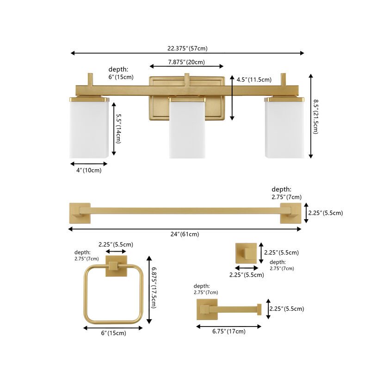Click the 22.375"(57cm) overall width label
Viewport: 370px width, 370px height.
click(187, 48)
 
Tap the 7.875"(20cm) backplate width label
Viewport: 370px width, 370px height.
click(184, 62)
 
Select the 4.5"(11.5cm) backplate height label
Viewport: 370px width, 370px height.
click(253, 80)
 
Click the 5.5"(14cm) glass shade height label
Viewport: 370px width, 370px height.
click(118, 129)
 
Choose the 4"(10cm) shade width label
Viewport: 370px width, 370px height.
click(88, 170)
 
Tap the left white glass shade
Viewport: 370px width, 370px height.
click(89, 129)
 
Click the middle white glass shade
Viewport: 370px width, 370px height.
click(187, 129)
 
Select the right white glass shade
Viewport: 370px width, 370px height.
click(284, 129)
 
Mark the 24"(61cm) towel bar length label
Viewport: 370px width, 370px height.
click(184, 234)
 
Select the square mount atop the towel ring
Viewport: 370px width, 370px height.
click(114, 266)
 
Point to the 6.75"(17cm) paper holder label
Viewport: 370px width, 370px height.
click(228, 331)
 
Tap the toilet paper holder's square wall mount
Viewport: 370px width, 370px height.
click(205, 309)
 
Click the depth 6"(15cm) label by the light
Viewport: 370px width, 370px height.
click(118, 73)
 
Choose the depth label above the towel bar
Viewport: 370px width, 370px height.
click(281, 193)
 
